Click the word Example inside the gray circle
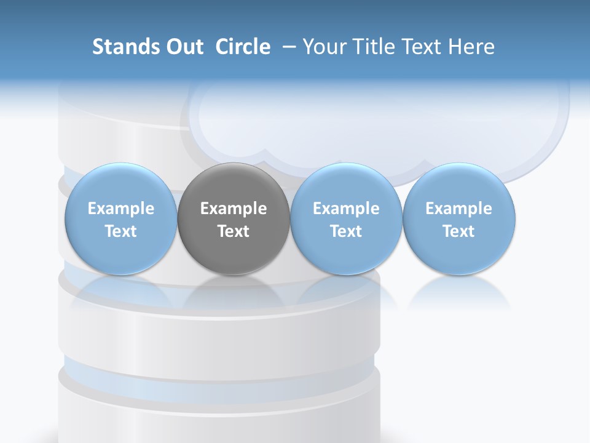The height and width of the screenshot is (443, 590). pos(234,209)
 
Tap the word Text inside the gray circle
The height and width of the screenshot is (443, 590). pos(234,231)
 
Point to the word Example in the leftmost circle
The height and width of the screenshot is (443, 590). pos(120,209)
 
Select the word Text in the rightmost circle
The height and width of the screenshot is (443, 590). pos(458,231)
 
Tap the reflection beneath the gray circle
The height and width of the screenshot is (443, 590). pos(234,289)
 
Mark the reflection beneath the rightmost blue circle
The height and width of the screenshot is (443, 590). pos(458,292)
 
